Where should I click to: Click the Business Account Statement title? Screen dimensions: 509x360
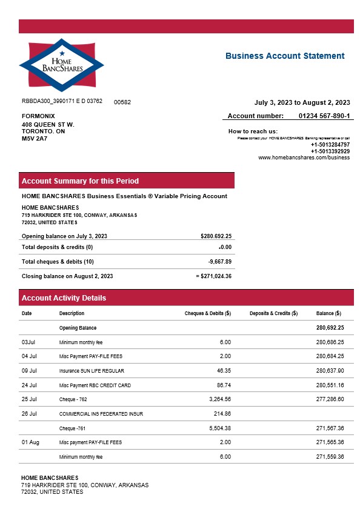pos(285,56)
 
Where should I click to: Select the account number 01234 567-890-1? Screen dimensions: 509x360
pos(324,116)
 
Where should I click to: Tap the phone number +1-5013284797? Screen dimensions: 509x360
pos(330,145)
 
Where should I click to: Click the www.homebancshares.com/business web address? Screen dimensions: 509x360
pos(304,158)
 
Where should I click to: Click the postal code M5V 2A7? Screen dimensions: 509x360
pos(35,139)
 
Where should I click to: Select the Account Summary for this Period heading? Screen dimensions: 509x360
pos(80,181)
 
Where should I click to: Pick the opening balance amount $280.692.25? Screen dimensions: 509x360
pos(216,236)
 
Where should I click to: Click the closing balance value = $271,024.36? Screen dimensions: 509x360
pos(214,276)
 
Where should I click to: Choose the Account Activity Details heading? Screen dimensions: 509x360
pos(64,298)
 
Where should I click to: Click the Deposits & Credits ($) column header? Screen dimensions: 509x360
pos(273,313)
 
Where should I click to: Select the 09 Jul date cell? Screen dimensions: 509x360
pos(29,370)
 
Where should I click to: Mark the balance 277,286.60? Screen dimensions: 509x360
pos(330,399)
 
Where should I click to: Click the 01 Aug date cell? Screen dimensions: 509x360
pos(30,442)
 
